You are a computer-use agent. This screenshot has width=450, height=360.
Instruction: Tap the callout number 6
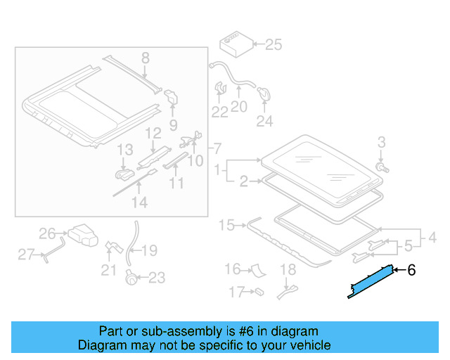tap(412, 270)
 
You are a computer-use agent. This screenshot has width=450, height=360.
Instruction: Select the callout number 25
tap(273, 45)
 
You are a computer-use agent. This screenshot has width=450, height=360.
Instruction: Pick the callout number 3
tap(382, 143)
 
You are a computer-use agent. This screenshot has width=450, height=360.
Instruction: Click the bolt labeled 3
tap(382, 168)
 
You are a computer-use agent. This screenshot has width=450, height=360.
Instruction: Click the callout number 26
tap(47, 233)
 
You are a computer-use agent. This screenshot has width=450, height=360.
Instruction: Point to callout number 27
tap(26, 255)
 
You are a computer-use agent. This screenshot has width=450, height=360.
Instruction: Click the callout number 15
tap(226, 225)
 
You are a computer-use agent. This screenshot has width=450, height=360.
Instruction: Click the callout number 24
tap(264, 121)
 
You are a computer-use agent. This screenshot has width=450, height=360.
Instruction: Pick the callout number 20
tap(239, 107)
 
